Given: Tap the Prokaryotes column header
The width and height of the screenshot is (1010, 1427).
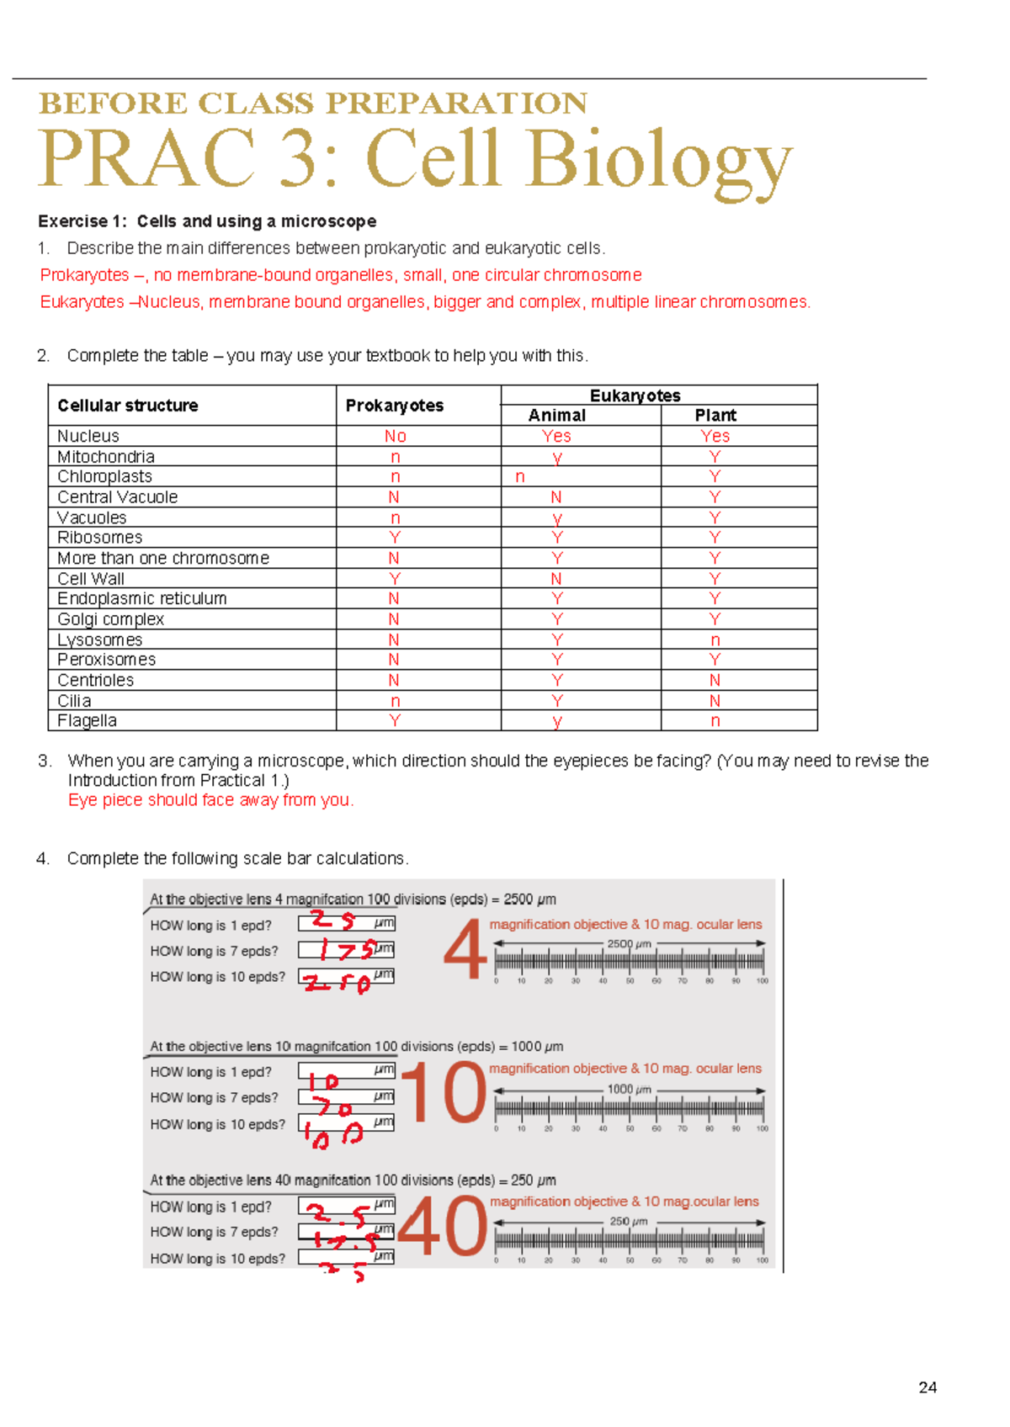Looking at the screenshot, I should click(x=394, y=406).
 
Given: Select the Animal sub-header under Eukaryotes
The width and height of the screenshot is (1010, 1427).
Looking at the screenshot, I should click(x=556, y=416).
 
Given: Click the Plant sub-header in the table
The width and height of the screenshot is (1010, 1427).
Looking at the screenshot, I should click(x=715, y=416).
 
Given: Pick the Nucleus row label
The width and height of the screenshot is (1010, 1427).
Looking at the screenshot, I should click(x=88, y=436).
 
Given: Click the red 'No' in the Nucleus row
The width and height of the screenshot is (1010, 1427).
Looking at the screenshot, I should click(x=395, y=436).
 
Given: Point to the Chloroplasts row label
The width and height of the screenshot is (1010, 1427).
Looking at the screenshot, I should click(x=104, y=476).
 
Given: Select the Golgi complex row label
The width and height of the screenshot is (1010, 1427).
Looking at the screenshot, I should click(x=110, y=619).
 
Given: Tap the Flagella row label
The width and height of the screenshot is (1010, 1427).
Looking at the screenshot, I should click(x=87, y=720).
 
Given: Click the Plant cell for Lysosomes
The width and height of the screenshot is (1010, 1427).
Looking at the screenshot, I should click(x=715, y=640).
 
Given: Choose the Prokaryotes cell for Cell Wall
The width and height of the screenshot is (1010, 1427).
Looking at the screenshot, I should click(x=394, y=579).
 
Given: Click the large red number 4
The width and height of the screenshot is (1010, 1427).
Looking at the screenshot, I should click(x=465, y=950).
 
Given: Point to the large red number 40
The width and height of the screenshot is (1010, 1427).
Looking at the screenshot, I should click(x=443, y=1227).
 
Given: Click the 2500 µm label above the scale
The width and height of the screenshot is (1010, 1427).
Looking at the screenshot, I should click(x=629, y=944).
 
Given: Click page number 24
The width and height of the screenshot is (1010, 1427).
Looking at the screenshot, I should click(x=928, y=1387).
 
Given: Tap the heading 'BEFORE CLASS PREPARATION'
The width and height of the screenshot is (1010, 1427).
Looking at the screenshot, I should click(x=313, y=103).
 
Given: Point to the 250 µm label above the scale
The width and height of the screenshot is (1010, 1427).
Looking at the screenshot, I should click(x=629, y=1221).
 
